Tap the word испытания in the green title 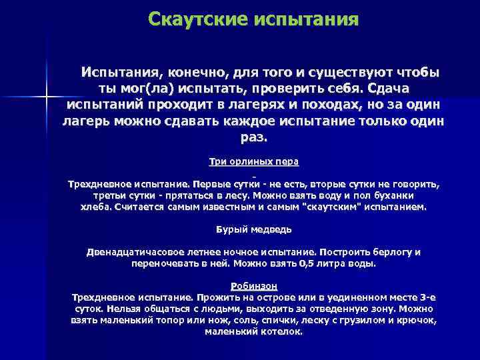coord(307,19)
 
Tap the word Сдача coord(387,88)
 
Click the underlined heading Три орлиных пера coord(254,161)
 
